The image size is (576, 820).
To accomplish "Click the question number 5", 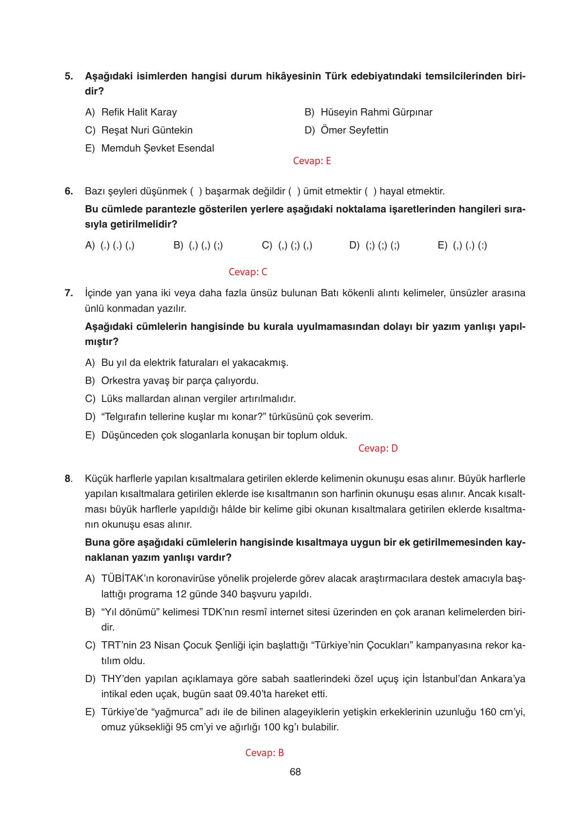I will coord(68,76).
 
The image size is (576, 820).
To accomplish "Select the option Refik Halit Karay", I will coord(139,112).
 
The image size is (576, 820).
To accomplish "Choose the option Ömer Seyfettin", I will coord(354,130).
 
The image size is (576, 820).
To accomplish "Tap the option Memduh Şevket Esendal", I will coord(157,148).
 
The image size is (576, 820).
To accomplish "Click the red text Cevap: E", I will coord(312,161).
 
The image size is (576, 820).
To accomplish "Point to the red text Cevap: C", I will coord(248,272).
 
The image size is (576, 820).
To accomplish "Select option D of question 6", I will coord(375,246).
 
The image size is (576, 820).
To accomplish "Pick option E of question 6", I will coord(462,246).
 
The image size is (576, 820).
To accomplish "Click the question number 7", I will coord(68,293).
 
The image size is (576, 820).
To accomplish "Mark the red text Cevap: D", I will coord(378,448).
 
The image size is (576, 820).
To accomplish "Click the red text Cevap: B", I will coord(264,753).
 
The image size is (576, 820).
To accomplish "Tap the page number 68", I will coord(295,772).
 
